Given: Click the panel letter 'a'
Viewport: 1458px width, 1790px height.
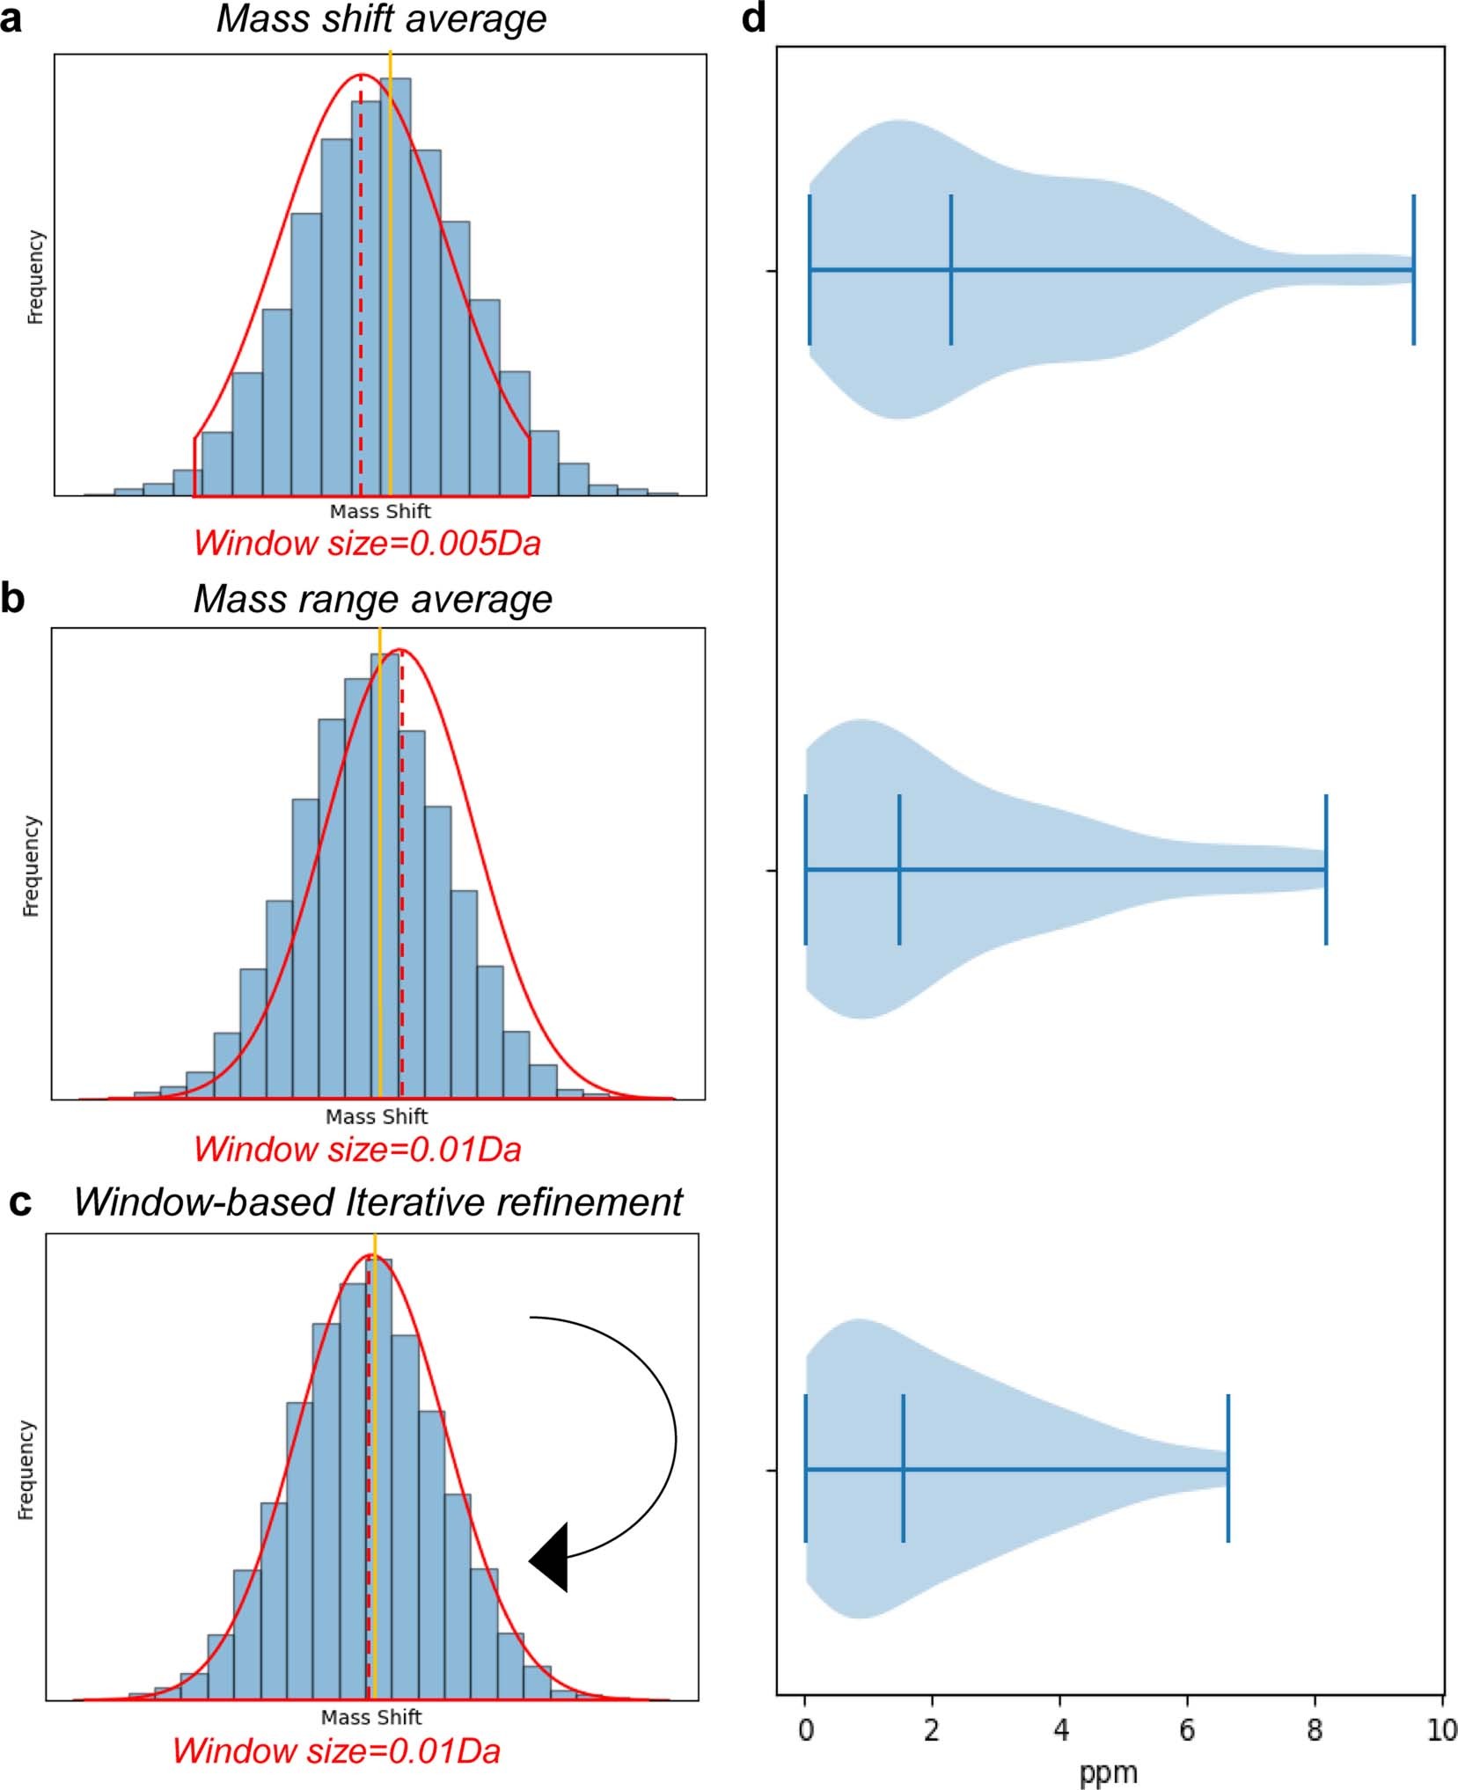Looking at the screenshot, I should click(x=11, y=19).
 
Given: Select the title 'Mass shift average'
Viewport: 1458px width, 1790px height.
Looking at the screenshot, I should click(x=381, y=19).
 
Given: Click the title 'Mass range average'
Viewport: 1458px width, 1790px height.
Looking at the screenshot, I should click(x=372, y=599).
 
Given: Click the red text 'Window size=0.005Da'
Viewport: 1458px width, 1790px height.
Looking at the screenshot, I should click(x=367, y=543).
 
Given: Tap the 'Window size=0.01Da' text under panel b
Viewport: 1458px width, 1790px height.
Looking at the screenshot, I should click(x=357, y=1149).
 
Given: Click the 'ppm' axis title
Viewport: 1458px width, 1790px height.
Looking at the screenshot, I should click(x=1108, y=1772).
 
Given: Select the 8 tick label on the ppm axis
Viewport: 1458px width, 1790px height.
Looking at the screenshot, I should click(x=1315, y=1730).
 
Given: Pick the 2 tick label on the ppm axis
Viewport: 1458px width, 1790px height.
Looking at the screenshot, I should click(x=932, y=1730).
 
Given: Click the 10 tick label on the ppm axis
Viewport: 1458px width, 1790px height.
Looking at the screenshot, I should click(x=1441, y=1730).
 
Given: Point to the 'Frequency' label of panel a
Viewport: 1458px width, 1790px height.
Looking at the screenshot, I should click(x=35, y=277).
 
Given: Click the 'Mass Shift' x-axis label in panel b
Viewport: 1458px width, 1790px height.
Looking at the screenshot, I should click(x=376, y=1116).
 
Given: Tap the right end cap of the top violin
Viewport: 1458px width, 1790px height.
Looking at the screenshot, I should click(x=1413, y=270).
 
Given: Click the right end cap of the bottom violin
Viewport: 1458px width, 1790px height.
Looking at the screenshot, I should click(x=1227, y=1468).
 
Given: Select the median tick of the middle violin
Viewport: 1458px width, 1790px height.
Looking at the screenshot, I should click(x=899, y=869).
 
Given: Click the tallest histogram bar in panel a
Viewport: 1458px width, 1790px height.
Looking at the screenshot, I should click(x=397, y=286).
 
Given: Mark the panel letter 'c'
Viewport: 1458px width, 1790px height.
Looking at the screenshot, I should click(x=19, y=1202).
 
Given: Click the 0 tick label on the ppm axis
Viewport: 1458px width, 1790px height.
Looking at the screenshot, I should click(x=805, y=1730).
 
